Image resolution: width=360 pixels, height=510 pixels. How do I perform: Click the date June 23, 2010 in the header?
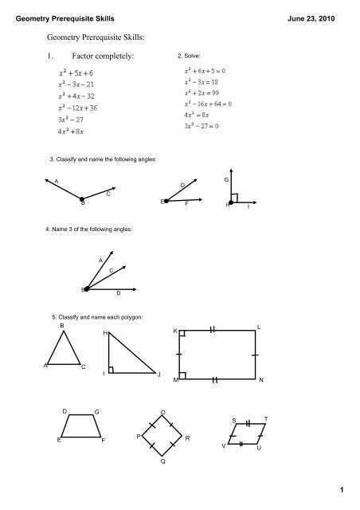(x=321, y=9)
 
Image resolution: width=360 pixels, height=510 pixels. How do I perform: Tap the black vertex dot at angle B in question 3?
(x=81, y=199)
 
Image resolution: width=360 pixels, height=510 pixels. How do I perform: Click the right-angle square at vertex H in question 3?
(x=233, y=198)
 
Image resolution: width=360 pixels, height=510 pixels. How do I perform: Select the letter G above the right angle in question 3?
(x=226, y=182)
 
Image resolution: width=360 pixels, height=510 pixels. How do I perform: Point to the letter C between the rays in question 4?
(x=112, y=273)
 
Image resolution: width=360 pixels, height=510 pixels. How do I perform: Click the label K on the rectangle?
(x=175, y=330)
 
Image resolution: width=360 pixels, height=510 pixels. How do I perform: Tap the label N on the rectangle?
(x=261, y=381)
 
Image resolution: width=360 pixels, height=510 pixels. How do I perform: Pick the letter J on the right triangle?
(x=159, y=375)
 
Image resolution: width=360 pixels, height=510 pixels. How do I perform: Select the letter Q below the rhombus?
(x=162, y=461)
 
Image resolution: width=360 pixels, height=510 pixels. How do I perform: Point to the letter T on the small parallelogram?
(x=265, y=419)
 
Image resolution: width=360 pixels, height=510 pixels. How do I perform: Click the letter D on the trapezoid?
(x=65, y=410)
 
